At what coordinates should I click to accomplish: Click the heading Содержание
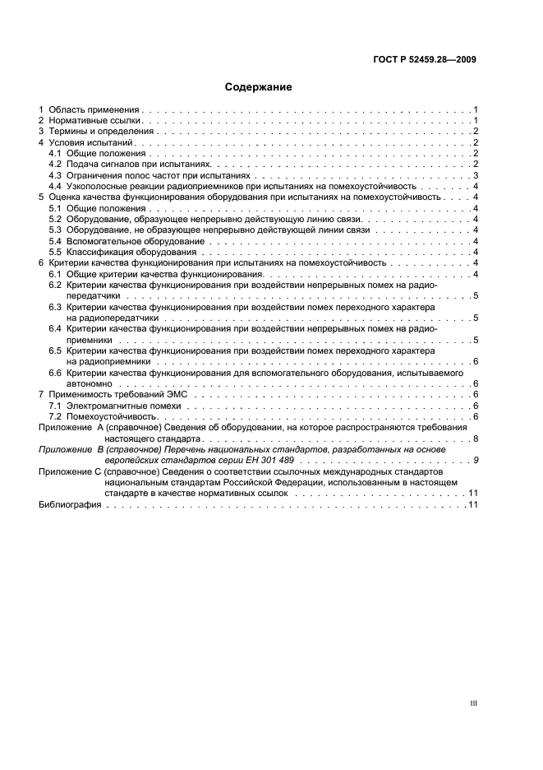coord(258,86)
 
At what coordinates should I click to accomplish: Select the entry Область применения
coord(94,109)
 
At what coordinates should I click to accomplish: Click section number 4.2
coord(55,165)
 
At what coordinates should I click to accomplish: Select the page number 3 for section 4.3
coord(476,175)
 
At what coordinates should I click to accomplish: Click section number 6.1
coord(55,274)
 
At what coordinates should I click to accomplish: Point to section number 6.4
coord(55,328)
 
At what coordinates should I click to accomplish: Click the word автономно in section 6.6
coord(90,383)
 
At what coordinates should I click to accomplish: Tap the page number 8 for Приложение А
coord(476,438)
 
